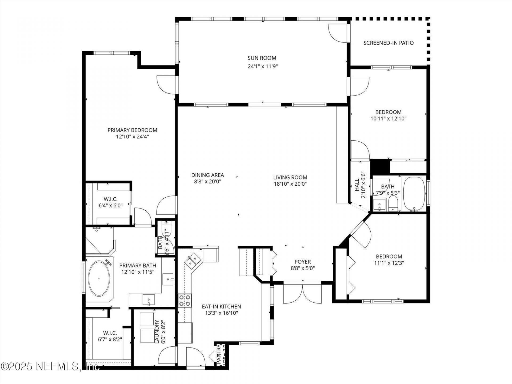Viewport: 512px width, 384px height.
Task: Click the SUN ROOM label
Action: click(x=262, y=58)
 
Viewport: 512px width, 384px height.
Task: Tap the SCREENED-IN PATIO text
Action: click(x=388, y=43)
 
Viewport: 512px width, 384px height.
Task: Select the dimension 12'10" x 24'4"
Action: click(x=132, y=137)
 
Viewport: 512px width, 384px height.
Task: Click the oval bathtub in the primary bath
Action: click(x=99, y=279)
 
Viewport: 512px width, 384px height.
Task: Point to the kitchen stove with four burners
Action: click(x=185, y=300)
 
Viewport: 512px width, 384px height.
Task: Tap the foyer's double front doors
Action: click(x=303, y=293)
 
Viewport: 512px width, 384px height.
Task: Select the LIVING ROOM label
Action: click(x=290, y=177)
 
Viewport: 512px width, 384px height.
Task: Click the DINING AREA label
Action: click(x=207, y=175)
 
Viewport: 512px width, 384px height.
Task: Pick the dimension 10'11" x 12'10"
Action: click(x=388, y=119)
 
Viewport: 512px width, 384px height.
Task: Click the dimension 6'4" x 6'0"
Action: click(x=110, y=206)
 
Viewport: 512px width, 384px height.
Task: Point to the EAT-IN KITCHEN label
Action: click(x=221, y=307)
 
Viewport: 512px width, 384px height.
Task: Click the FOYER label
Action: click(x=303, y=262)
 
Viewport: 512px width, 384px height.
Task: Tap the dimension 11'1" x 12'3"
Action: click(x=389, y=263)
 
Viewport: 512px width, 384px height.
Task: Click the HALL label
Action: click(x=357, y=185)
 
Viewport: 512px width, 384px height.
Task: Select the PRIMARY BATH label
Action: click(x=138, y=266)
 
